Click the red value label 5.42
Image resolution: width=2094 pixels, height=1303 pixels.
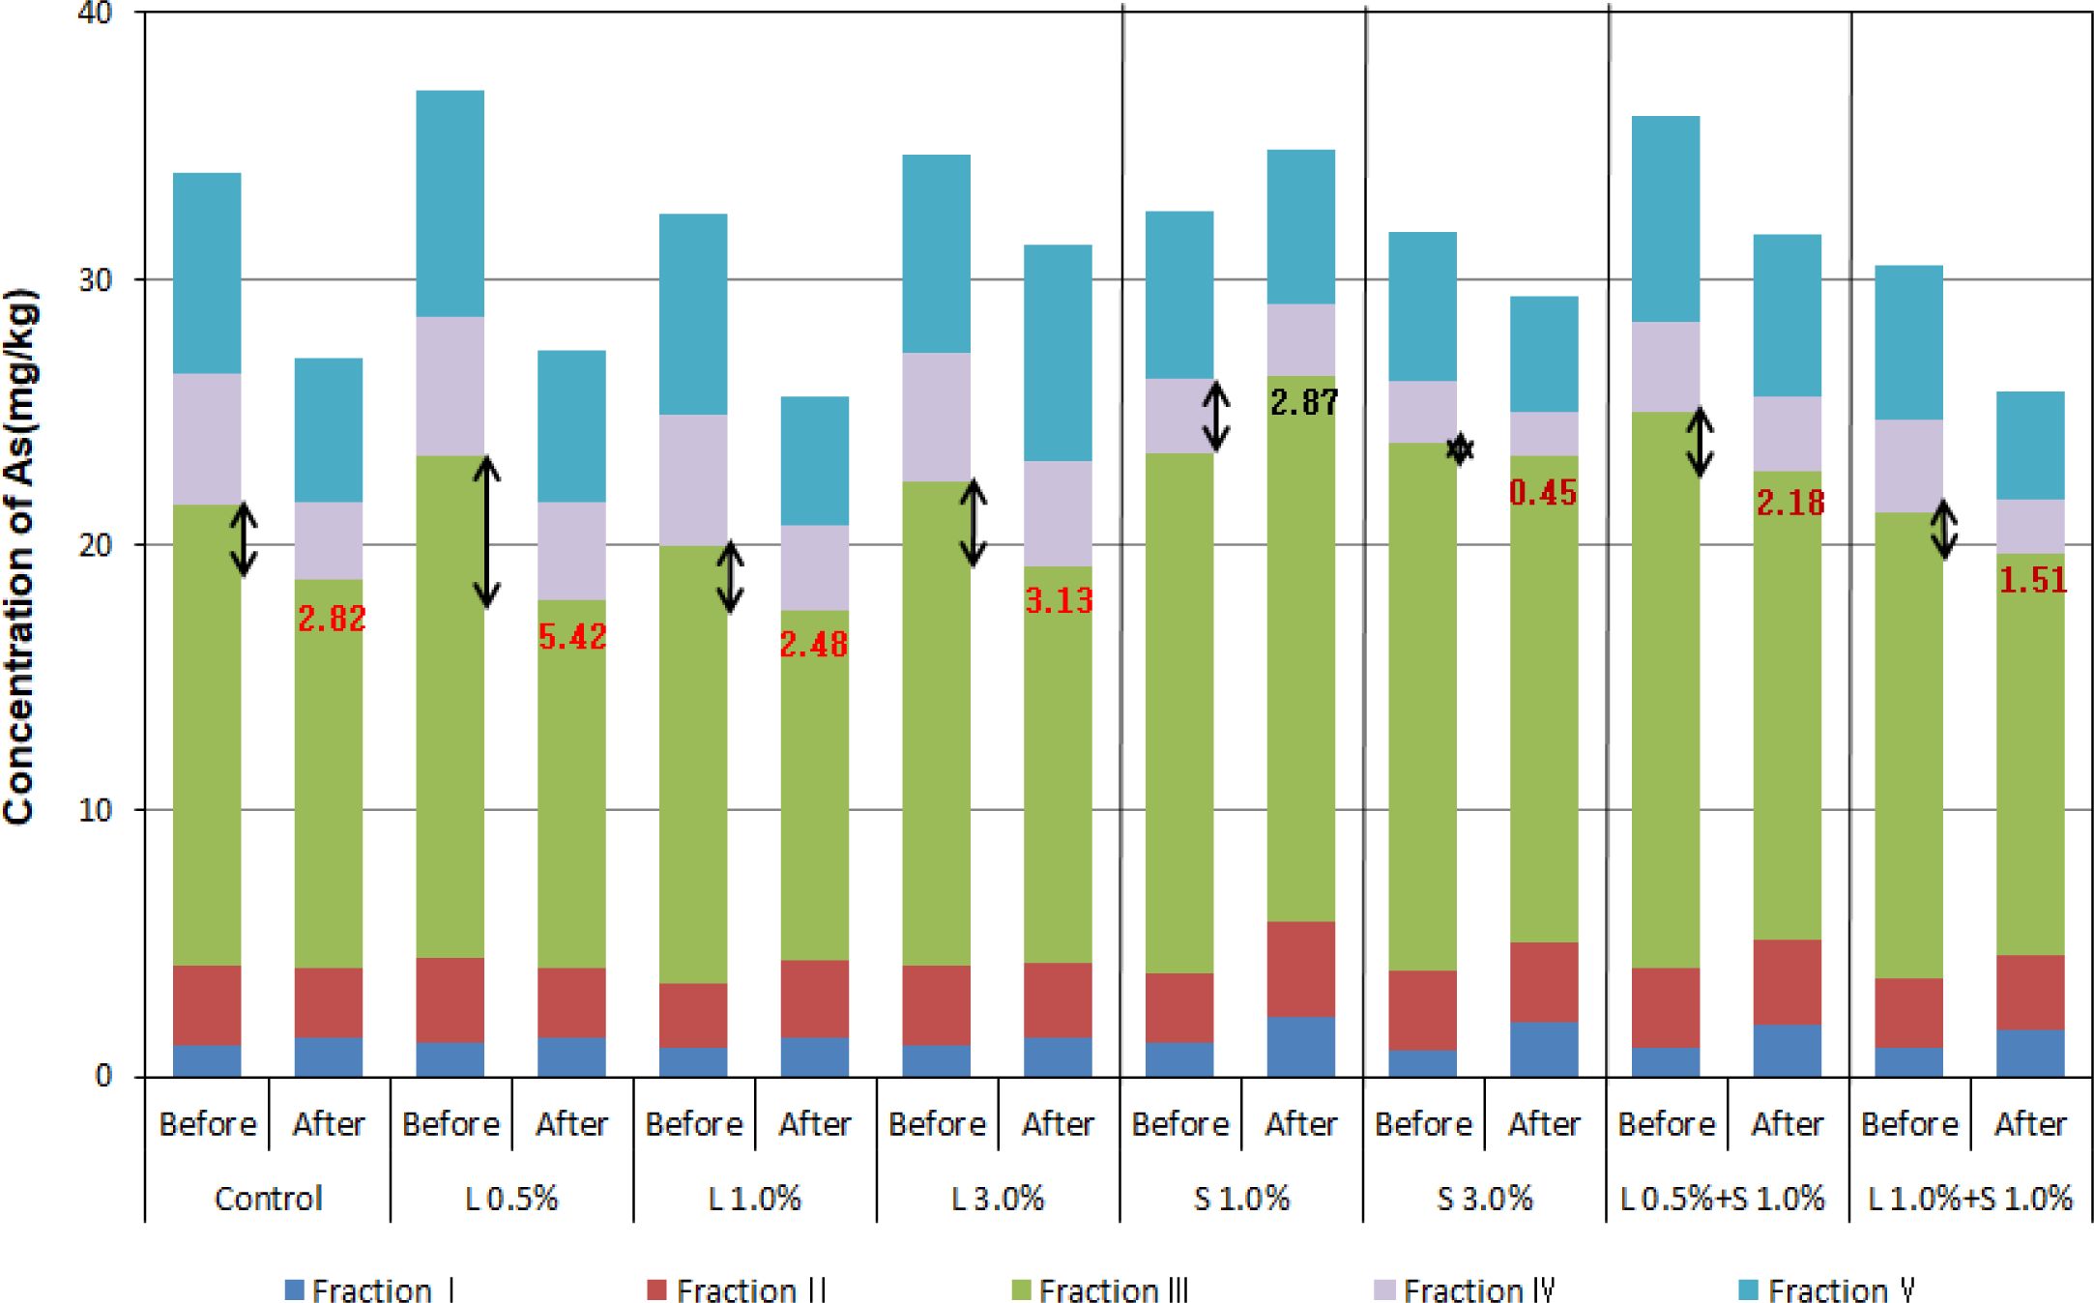click(572, 637)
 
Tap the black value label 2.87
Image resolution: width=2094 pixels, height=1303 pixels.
click(1304, 402)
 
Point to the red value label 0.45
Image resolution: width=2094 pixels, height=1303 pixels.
click(1543, 493)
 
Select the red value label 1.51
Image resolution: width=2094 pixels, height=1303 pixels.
click(2032, 580)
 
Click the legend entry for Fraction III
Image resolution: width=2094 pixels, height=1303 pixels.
click(1100, 1290)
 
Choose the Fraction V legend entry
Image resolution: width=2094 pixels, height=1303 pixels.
click(1826, 1290)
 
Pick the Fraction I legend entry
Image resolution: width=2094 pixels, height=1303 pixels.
click(370, 1290)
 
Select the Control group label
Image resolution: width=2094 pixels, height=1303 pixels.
click(268, 1199)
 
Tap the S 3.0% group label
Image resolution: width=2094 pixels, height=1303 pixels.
click(1484, 1199)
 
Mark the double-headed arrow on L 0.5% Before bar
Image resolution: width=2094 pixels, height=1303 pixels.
click(486, 532)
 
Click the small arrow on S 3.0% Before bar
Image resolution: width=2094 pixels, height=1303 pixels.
click(1460, 449)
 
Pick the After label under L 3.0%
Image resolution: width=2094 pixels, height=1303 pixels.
click(1058, 1124)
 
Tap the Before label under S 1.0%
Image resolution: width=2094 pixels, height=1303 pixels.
click(1179, 1124)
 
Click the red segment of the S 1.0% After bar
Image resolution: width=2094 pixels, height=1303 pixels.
click(1300, 969)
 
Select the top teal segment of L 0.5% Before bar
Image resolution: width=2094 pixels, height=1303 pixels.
click(450, 203)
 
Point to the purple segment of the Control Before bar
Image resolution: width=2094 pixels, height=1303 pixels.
click(207, 439)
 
